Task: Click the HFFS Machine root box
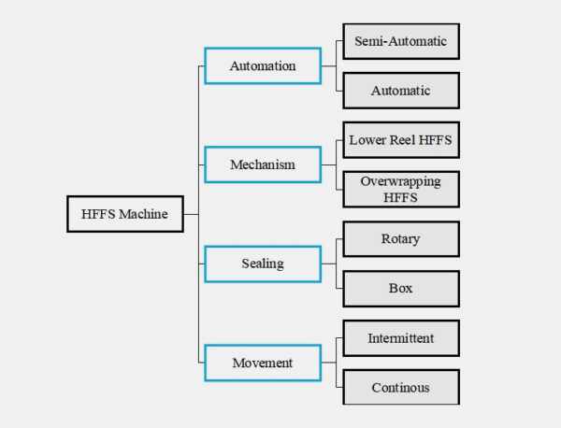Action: point(124,214)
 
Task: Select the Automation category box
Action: point(263,66)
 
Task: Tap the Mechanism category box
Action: point(263,164)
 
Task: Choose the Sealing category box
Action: point(263,264)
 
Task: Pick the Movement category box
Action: point(263,362)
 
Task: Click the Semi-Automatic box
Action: point(401,41)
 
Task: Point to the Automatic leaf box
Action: point(401,91)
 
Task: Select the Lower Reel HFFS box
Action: point(401,140)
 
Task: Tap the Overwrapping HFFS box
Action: point(401,189)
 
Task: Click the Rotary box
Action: point(401,238)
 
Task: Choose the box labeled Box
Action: point(401,288)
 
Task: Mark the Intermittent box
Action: point(401,337)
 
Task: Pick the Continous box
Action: point(401,386)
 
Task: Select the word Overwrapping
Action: point(401,181)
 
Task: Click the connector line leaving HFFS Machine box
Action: point(190,214)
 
